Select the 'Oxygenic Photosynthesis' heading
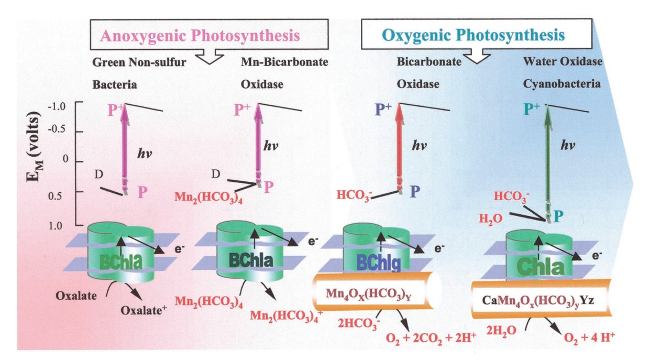point(473,36)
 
